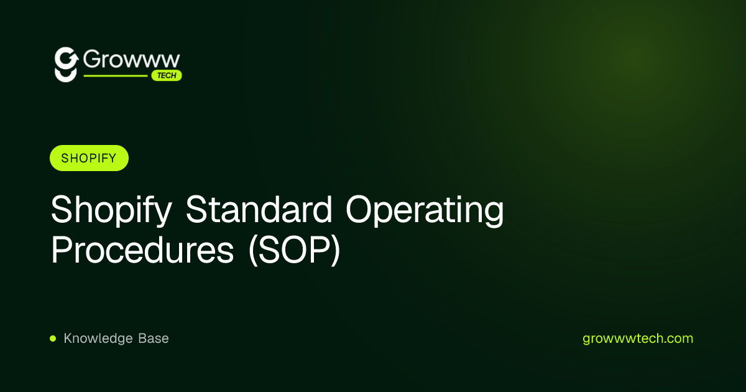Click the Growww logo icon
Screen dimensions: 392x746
pos(66,64)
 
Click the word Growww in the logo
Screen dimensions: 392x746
pos(131,60)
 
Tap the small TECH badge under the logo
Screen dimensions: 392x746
pos(167,76)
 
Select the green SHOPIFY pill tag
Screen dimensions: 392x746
pos(89,158)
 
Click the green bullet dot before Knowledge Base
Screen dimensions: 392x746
pos(53,338)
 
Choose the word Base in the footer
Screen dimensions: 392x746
pos(154,338)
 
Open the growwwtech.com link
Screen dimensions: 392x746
pos(638,338)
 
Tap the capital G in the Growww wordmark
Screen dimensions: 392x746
pos(92,60)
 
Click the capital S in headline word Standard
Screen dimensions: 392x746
pos(195,210)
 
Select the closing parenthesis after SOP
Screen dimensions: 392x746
pos(336,252)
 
